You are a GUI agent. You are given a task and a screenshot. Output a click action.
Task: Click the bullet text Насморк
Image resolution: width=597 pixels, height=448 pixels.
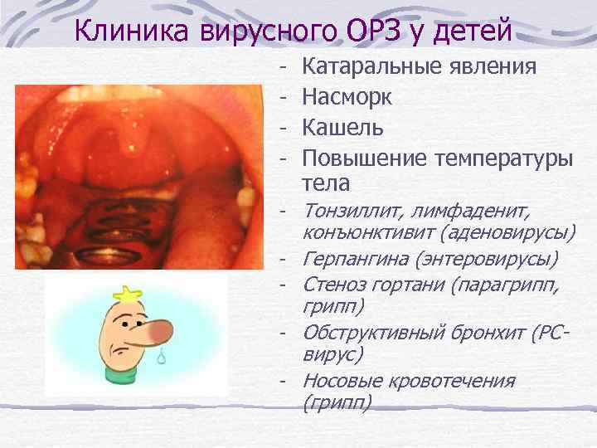click(x=347, y=97)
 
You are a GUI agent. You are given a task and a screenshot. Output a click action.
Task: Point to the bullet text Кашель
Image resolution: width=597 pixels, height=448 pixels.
click(x=342, y=128)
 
